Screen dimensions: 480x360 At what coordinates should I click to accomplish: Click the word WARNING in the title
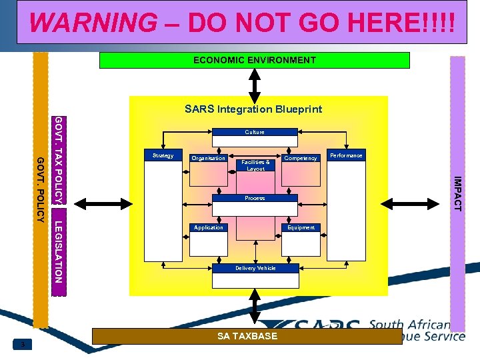tap(93, 23)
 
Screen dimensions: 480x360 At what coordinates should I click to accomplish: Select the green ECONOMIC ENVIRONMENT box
tap(255, 60)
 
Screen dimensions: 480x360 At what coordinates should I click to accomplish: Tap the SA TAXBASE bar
tap(247, 336)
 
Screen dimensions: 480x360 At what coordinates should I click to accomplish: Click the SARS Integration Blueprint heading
tap(253, 109)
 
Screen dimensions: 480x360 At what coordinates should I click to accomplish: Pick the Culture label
tap(255, 132)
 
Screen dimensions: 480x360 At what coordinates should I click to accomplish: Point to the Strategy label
tap(163, 156)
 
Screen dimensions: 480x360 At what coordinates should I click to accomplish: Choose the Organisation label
tap(209, 158)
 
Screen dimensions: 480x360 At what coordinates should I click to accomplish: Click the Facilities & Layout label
tap(255, 165)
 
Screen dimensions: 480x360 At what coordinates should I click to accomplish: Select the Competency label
tap(301, 158)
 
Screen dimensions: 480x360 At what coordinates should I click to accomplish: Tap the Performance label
tap(346, 155)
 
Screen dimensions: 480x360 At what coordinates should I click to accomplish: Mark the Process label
tap(255, 198)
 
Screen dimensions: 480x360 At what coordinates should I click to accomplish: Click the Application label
tap(209, 227)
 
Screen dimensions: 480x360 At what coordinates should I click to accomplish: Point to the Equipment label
tap(301, 227)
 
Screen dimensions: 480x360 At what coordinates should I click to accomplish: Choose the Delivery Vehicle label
tap(255, 268)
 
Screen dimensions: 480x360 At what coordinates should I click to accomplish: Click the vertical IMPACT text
tap(457, 193)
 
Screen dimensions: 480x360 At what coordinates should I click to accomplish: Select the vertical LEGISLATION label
tap(59, 251)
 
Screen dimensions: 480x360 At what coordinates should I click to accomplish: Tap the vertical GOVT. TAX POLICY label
tap(59, 160)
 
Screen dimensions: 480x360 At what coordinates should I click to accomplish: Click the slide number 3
tap(23, 344)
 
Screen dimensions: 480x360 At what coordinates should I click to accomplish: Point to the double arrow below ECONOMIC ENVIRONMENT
tap(255, 83)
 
